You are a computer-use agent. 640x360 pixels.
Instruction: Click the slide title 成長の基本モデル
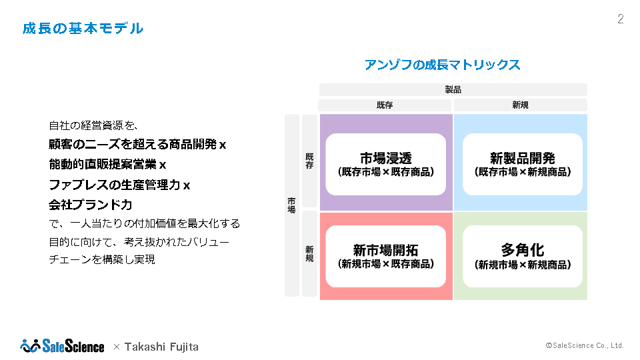click(x=82, y=29)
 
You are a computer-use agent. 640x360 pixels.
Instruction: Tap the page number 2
click(x=620, y=19)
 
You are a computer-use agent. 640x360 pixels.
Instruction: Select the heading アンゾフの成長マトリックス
click(x=442, y=65)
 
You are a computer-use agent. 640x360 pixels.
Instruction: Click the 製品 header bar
click(x=453, y=89)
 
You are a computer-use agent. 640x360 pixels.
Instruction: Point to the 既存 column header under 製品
click(x=385, y=105)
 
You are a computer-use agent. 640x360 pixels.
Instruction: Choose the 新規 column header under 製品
click(x=520, y=105)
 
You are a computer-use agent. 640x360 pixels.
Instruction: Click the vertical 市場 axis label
click(x=291, y=205)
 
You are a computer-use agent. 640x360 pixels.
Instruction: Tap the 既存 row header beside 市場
click(x=309, y=161)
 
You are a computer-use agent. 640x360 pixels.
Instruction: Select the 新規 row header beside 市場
click(x=309, y=253)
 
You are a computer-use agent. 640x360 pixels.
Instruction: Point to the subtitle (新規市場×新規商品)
click(x=522, y=265)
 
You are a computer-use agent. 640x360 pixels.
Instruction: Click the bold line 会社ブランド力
click(x=91, y=205)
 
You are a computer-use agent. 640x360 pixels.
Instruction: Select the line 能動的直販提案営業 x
click(x=107, y=164)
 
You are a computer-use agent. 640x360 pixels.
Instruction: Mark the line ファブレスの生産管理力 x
click(x=119, y=185)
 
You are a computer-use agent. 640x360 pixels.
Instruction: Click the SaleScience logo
click(x=62, y=346)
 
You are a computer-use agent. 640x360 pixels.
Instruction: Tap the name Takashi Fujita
click(x=161, y=347)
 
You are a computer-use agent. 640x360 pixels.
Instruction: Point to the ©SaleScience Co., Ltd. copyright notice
click(x=585, y=345)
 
